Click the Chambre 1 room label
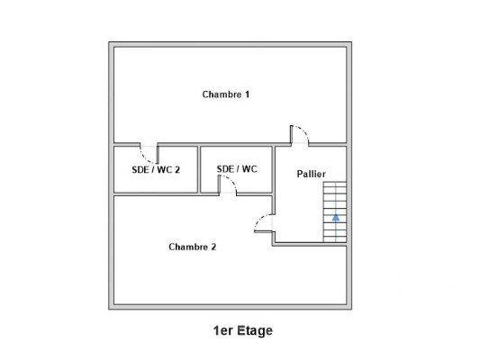225,94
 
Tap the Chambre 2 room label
192,246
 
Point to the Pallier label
311,173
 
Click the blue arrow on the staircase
336,217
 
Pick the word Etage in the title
254,330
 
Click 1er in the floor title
220,330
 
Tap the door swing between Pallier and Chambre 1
300,135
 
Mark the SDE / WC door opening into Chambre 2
229,184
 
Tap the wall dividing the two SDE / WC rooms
198,168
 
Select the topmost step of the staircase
335,184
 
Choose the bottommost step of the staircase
335,238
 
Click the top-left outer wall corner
112,43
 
